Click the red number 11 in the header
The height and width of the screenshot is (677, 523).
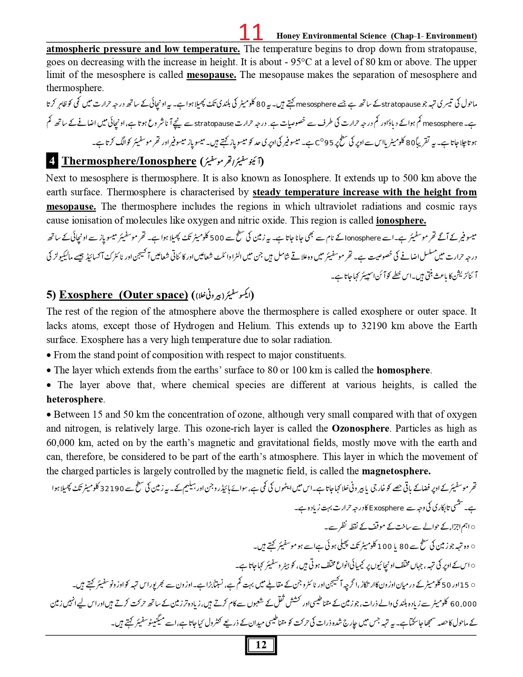(x=251, y=32)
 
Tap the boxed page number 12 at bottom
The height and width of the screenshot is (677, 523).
(x=261, y=645)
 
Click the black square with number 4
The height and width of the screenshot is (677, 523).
(x=52, y=161)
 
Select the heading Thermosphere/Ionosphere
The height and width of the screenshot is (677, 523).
(x=129, y=161)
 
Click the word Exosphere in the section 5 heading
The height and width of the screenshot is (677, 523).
(x=86, y=295)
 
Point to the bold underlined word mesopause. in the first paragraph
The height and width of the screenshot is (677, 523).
(x=211, y=75)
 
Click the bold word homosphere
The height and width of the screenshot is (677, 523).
(x=403, y=371)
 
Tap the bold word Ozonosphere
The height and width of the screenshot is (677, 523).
(x=360, y=429)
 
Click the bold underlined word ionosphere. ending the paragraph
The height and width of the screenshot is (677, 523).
(x=401, y=221)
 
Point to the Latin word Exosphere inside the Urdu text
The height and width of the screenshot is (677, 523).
(x=386, y=508)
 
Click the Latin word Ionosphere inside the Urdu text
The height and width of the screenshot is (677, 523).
(x=363, y=238)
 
